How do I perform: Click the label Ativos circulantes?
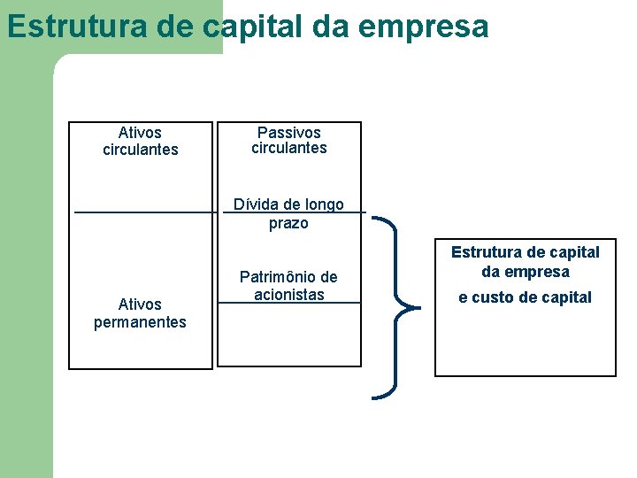click(141, 141)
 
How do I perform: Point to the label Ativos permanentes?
click(141, 313)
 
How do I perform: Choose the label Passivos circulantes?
click(289, 140)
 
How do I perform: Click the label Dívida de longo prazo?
click(288, 214)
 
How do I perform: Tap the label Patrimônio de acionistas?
click(288, 286)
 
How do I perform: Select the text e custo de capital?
click(526, 297)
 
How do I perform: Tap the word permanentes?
click(141, 322)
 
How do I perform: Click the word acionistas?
click(288, 295)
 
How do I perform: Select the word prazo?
click(288, 223)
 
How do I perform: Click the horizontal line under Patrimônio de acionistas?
click(289, 304)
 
